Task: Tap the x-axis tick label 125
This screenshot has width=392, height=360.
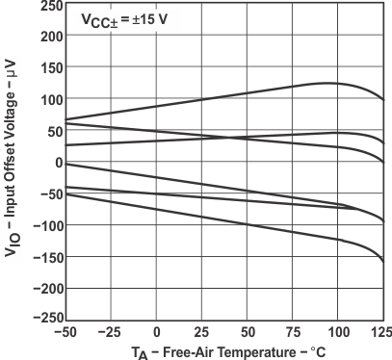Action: (382, 333)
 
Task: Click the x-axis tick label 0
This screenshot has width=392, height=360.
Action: (156, 333)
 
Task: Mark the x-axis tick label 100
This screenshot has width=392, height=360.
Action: (337, 333)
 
